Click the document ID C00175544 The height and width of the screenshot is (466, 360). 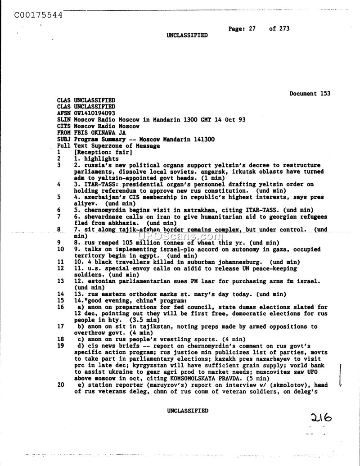point(38,14)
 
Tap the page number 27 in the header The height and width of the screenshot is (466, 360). point(252,28)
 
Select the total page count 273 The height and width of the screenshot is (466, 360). point(283,28)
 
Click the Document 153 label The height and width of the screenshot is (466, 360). point(310,94)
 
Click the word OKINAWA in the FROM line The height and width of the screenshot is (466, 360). point(109,133)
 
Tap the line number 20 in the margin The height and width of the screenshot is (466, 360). point(61,385)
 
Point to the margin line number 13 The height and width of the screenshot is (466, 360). point(61,281)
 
